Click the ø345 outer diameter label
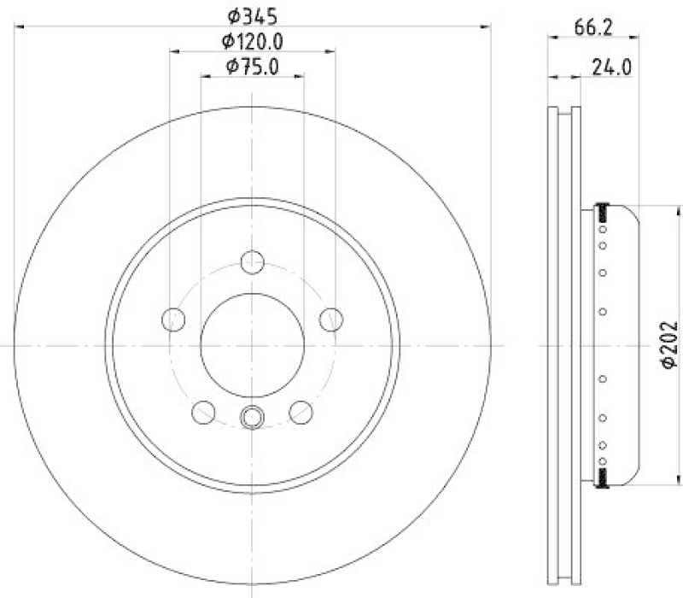click(253, 15)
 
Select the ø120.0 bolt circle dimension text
click(253, 40)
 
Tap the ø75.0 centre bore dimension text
click(253, 66)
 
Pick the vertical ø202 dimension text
click(668, 345)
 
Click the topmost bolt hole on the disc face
click(253, 261)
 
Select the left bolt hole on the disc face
click(173, 319)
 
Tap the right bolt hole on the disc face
click(331, 319)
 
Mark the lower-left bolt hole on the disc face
click(203, 412)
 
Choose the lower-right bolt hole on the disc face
click(301, 412)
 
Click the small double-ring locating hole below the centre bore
click(253, 417)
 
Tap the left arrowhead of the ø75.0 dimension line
click(206, 77)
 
